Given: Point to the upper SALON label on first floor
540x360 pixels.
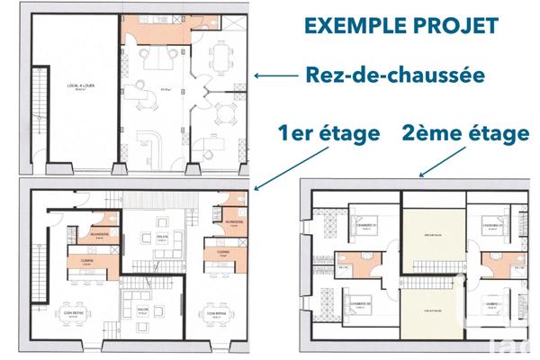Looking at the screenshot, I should click(163, 238).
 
